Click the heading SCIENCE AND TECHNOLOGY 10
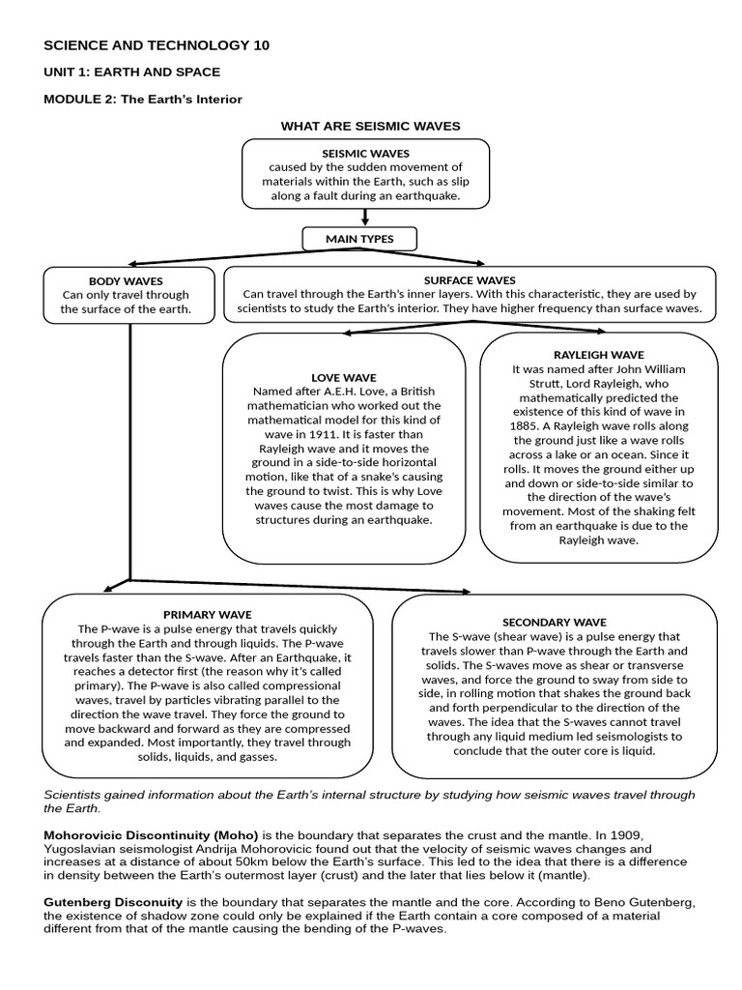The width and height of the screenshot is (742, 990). click(157, 45)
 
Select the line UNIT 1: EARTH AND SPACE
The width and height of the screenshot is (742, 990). click(132, 73)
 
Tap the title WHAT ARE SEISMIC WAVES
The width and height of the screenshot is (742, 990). click(370, 127)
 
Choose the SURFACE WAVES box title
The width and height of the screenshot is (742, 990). click(470, 280)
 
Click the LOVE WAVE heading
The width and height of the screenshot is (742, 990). click(344, 377)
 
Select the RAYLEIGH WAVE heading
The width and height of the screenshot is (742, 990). click(598, 355)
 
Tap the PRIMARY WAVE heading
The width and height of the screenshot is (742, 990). click(207, 614)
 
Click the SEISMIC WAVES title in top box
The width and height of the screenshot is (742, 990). click(365, 153)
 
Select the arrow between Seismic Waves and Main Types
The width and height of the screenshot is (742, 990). click(365, 218)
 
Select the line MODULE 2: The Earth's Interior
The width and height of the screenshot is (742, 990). click(143, 99)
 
